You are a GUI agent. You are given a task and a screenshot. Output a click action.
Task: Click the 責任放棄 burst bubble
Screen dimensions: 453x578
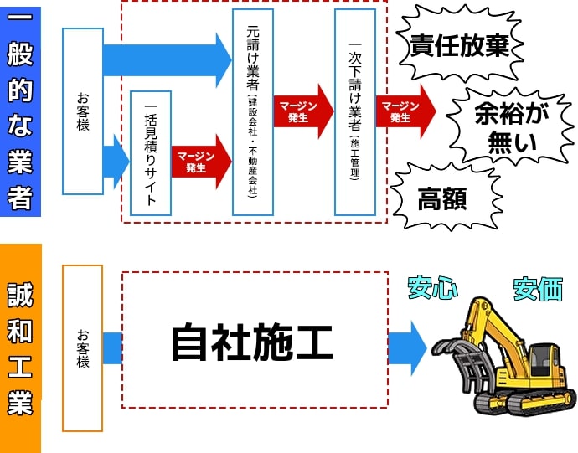click(460, 45)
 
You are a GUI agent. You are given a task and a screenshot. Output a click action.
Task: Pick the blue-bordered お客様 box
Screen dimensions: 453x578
click(83, 111)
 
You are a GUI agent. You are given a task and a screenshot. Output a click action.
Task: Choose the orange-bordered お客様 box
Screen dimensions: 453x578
click(82, 347)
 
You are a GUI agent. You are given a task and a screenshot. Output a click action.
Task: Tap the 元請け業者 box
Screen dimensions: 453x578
click(253, 111)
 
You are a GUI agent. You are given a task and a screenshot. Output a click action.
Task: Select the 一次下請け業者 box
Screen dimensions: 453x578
click(354, 111)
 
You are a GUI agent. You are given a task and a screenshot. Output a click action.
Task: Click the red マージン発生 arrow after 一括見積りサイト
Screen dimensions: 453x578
click(199, 161)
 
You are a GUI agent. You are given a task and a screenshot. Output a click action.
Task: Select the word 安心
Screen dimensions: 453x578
click(432, 287)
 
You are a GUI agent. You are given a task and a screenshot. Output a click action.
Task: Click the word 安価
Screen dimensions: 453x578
click(537, 289)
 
